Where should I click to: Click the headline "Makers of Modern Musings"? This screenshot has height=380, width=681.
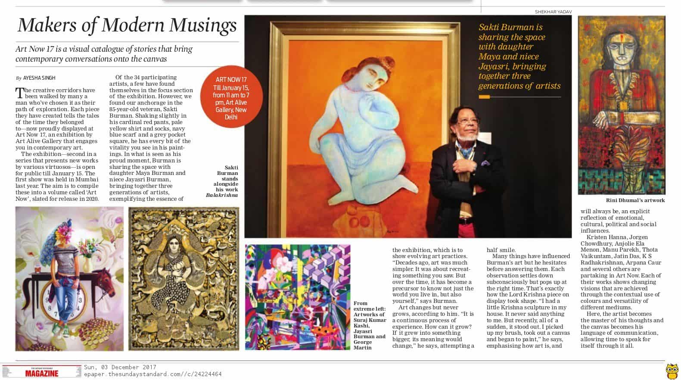(127, 25)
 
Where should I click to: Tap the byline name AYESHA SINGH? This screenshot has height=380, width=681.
(39, 78)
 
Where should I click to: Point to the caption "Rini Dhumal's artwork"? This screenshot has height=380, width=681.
(635, 200)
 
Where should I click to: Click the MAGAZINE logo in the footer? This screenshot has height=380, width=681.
(41, 374)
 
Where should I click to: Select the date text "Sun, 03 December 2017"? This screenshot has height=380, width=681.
(120, 368)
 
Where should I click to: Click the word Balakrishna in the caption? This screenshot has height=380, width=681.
(222, 195)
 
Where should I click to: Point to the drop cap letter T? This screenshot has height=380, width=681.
(19, 93)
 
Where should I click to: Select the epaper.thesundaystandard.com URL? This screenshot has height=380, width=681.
(152, 374)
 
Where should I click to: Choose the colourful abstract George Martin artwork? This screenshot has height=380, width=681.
(298, 297)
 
